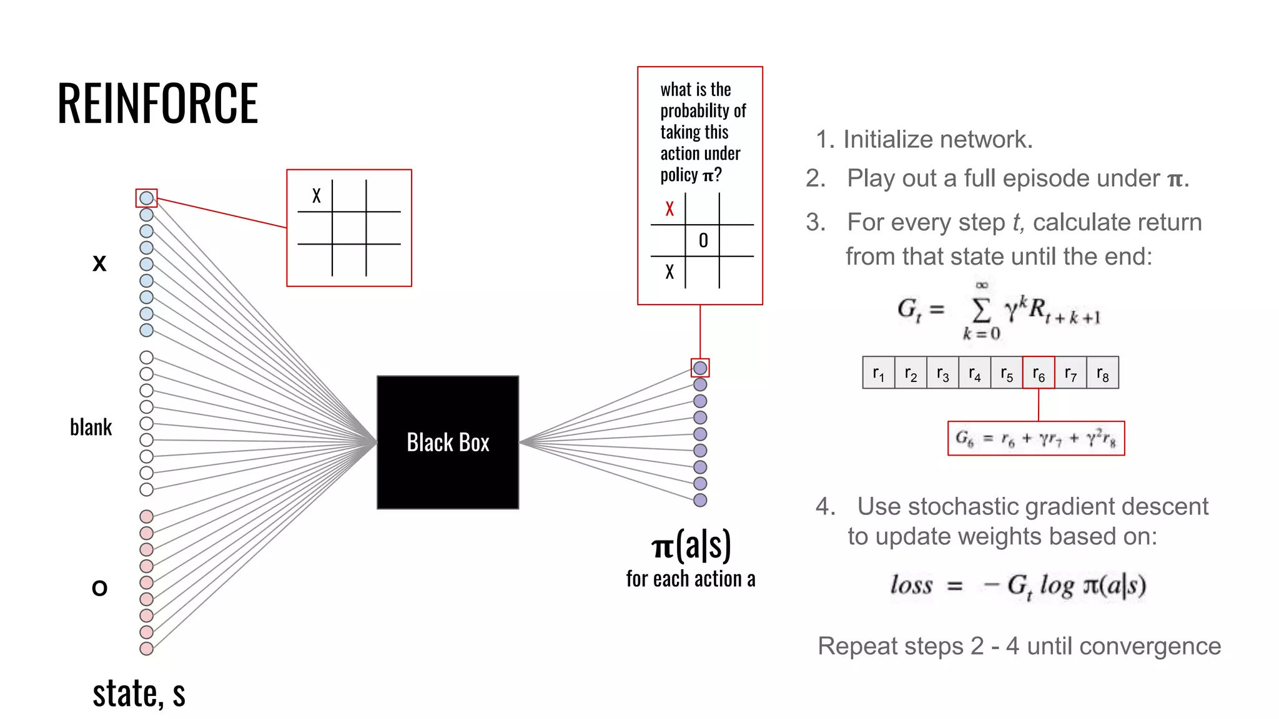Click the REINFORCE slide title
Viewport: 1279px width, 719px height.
157,104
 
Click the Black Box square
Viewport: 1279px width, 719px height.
448,443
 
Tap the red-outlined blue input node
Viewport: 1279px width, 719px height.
147,198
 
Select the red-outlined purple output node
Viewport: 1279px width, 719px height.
700,368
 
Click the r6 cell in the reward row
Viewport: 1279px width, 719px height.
1039,373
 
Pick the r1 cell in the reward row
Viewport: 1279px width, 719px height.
879,373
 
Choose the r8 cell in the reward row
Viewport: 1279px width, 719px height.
1103,373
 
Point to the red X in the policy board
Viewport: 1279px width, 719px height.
669,208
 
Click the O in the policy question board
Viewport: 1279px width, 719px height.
703,241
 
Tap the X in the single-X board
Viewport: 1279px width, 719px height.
317,196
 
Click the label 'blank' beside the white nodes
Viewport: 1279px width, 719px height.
91,428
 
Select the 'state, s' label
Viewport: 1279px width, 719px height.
139,693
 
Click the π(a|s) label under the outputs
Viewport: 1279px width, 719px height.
691,545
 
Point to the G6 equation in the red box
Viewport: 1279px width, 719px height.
1036,439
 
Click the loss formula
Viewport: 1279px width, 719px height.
1018,585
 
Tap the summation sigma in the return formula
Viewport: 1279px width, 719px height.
981,309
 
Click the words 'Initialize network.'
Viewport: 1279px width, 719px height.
937,139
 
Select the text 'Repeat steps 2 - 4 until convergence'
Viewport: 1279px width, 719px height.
1019,646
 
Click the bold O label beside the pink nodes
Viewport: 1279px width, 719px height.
99,588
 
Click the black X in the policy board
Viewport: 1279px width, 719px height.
669,272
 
